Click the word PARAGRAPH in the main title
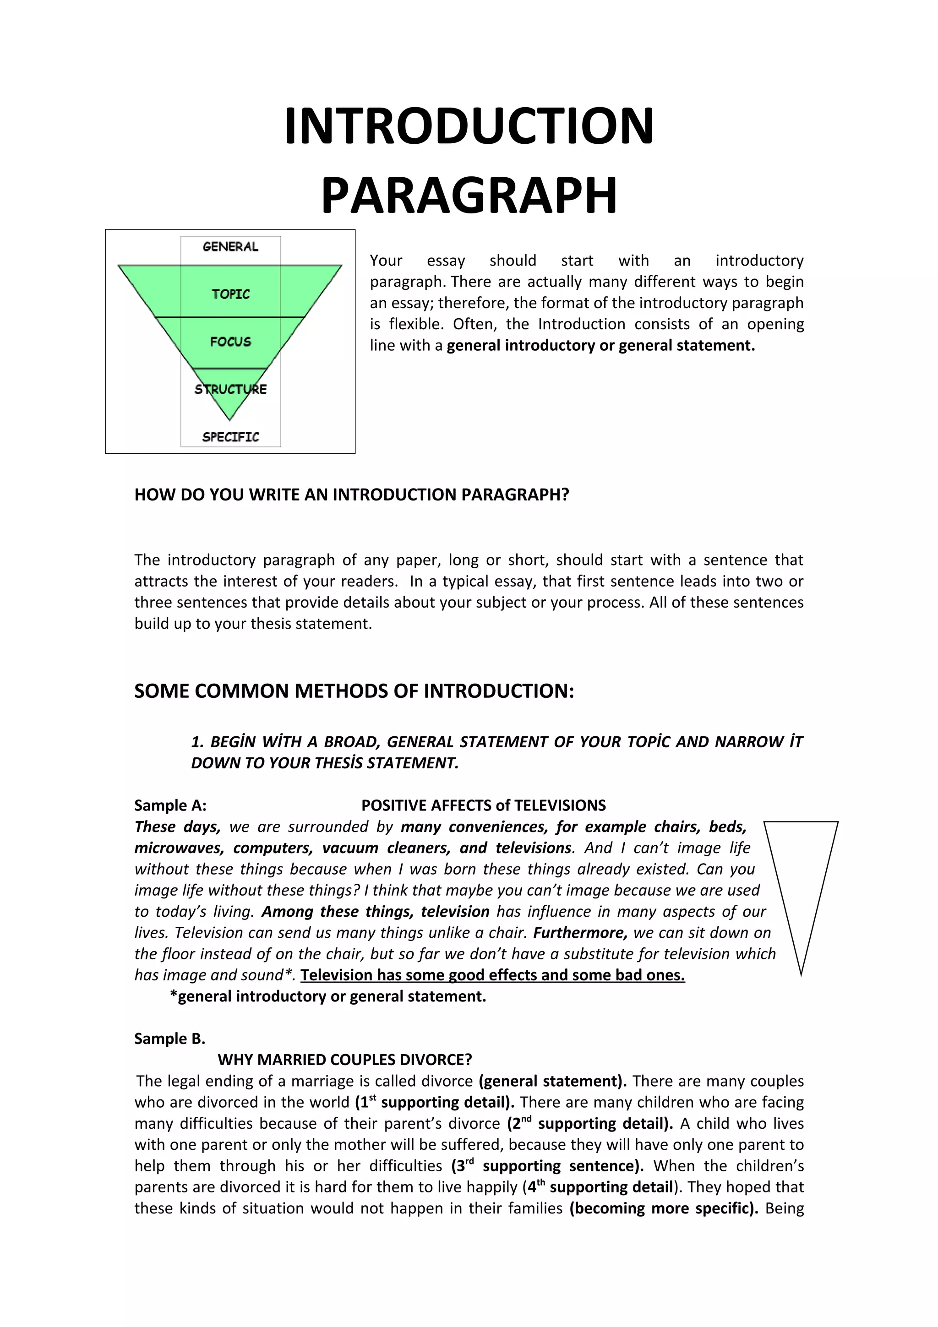[469, 196]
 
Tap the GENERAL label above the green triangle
[230, 247]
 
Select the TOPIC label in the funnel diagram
[230, 294]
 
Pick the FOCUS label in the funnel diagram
[230, 342]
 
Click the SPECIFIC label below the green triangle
[230, 436]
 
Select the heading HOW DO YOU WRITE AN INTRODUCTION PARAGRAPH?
[351, 495]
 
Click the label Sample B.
[169, 1039]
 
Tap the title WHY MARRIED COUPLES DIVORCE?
[344, 1060]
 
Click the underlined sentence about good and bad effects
[492, 975]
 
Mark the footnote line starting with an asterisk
[327, 996]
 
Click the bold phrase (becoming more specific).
[664, 1208]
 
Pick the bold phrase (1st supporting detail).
[435, 1102]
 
